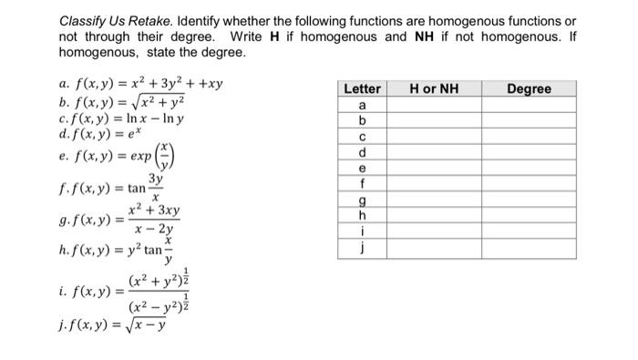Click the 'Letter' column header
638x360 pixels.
363,88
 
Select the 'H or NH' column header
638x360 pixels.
434,88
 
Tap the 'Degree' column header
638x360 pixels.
529,88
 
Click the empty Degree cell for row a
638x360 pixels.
529,104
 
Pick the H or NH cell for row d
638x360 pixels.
434,152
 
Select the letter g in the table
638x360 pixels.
363,200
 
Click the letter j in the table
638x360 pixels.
363,247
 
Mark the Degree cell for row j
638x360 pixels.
529,247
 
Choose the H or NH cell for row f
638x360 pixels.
434,184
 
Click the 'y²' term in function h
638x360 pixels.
134,249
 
